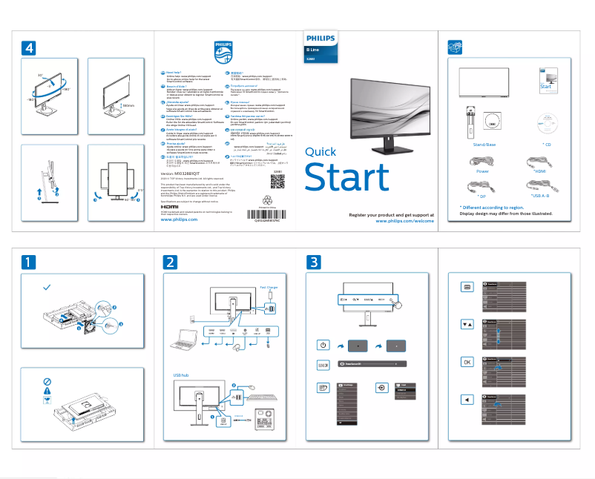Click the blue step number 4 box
(27, 47)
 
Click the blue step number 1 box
(27, 262)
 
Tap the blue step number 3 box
(315, 262)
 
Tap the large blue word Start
(347, 177)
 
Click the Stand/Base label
(484, 144)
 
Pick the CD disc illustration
(548, 121)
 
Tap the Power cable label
(481, 171)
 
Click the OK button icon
(467, 362)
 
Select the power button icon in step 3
(323, 346)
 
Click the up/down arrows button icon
(467, 324)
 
